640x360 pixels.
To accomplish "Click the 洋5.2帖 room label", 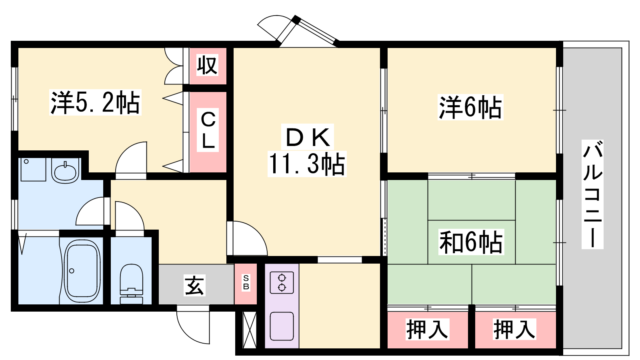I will coord(95,103).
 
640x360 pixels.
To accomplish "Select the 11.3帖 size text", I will coord(307,164).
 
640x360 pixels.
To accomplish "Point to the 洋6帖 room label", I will coord(470,107).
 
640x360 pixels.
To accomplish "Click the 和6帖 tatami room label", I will coord(471,242).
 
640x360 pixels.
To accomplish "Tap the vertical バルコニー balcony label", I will coord(592,194).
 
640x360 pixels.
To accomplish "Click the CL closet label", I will coord(208,130).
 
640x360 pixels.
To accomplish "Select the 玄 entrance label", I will coord(194,285).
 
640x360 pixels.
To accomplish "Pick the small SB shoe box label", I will coord(246,283).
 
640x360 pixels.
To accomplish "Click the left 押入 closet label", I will coord(427,329).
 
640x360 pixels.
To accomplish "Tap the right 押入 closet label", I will coord(514,329).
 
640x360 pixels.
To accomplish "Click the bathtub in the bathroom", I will coord(82,271).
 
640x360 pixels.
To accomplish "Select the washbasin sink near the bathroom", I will coord(65,172).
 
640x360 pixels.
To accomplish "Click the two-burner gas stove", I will coord(282,282).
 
